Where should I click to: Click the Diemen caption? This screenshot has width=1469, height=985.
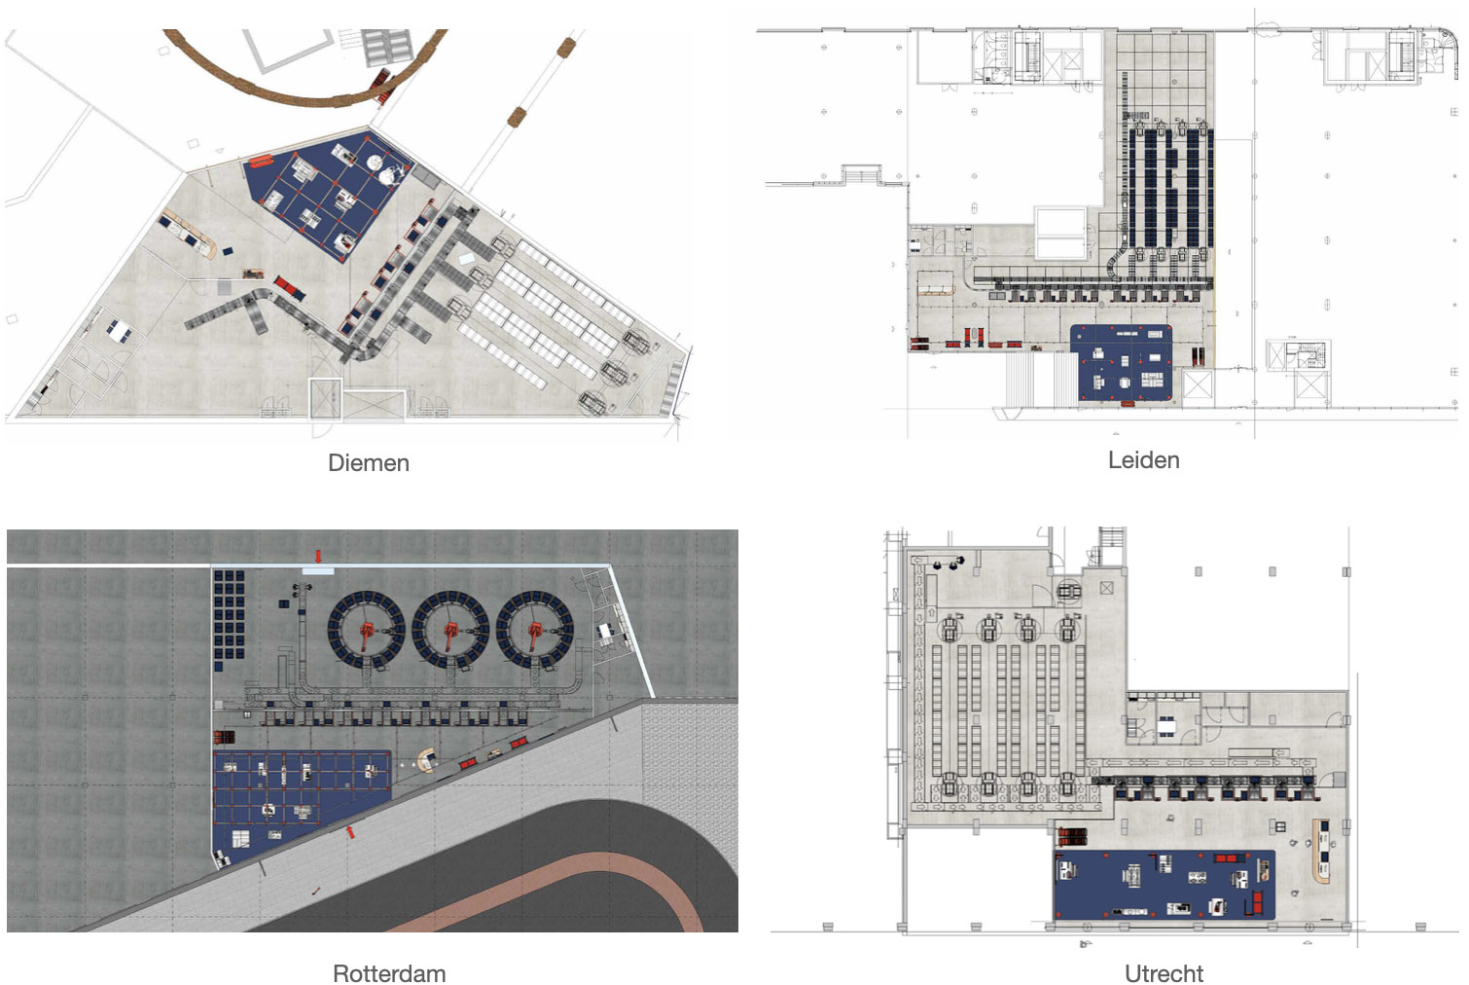(369, 462)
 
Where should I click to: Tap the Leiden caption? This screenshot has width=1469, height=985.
(1144, 460)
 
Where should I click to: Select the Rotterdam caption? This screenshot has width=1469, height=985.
(389, 972)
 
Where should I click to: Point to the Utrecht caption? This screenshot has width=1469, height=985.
(1164, 972)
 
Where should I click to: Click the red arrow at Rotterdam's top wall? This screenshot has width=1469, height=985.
(319, 557)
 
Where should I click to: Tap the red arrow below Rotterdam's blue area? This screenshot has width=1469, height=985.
(351, 832)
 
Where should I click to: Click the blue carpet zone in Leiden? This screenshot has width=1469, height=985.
(1122, 362)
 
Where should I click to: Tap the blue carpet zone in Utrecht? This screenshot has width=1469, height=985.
(1164, 886)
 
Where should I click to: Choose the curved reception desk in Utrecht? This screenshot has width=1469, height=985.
(1320, 851)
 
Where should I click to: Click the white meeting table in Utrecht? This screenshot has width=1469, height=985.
(1166, 726)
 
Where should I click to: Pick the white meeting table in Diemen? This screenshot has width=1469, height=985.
(120, 333)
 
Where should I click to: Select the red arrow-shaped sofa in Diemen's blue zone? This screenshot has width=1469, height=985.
(261, 161)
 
